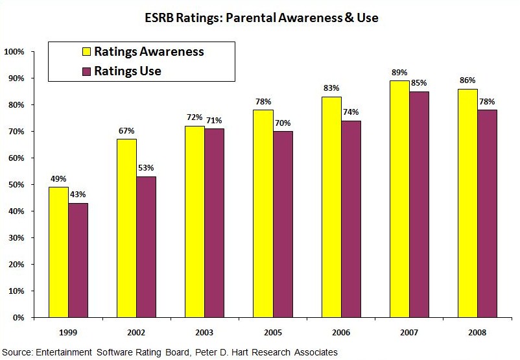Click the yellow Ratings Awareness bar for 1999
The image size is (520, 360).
(x=58, y=252)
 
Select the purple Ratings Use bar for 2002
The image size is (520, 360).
(x=146, y=247)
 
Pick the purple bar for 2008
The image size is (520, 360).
(x=487, y=213)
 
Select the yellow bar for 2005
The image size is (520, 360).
(x=263, y=213)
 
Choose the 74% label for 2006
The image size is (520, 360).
(x=351, y=113)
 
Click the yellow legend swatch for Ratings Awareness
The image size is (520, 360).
(x=86, y=52)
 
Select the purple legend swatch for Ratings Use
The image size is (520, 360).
(x=86, y=71)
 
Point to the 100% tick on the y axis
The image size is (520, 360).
(x=14, y=51)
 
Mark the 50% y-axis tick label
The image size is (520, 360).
(x=16, y=185)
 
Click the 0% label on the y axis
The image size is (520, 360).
(x=19, y=318)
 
